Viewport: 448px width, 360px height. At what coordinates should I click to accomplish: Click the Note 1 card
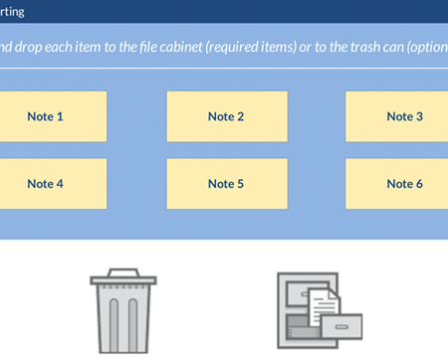pos(53,116)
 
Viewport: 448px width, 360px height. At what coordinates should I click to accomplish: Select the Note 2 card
pos(227,116)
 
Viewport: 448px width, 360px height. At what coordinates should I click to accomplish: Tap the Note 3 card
pos(396,116)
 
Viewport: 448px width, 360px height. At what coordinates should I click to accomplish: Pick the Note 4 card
pos(53,184)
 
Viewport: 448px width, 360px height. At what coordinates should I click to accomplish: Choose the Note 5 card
pos(227,184)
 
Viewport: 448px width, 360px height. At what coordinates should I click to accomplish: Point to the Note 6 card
pos(396,184)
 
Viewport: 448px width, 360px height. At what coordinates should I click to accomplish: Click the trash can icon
pos(123,310)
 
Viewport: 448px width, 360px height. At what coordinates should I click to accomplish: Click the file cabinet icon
pos(320,310)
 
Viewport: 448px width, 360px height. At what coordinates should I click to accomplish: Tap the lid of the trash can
pos(123,276)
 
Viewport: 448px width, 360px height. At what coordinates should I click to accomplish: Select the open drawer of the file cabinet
pos(341,326)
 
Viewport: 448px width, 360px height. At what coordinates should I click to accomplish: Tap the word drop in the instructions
pos(28,48)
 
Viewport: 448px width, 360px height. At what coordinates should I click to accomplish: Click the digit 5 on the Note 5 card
pos(240,184)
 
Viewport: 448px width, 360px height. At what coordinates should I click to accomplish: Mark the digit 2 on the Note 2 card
pos(240,116)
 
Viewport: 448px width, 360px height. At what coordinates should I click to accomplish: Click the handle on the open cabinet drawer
pos(341,327)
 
